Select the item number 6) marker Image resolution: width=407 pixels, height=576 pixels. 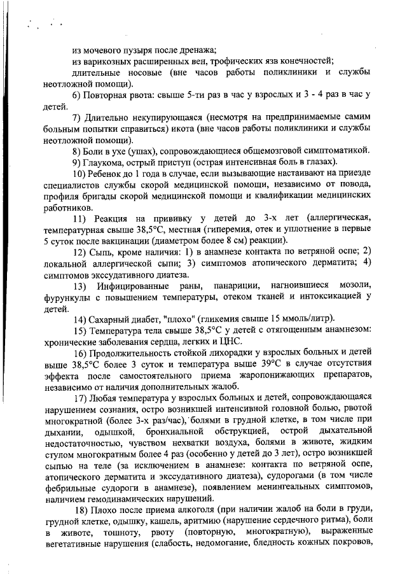pyautogui.click(x=77, y=95)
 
